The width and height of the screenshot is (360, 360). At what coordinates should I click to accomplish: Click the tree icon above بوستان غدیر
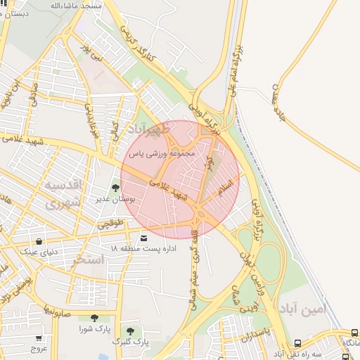(x=115, y=188)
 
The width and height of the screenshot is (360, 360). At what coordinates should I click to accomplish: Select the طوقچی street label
(x=110, y=225)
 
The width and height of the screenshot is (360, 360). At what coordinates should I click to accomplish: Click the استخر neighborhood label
(x=88, y=260)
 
